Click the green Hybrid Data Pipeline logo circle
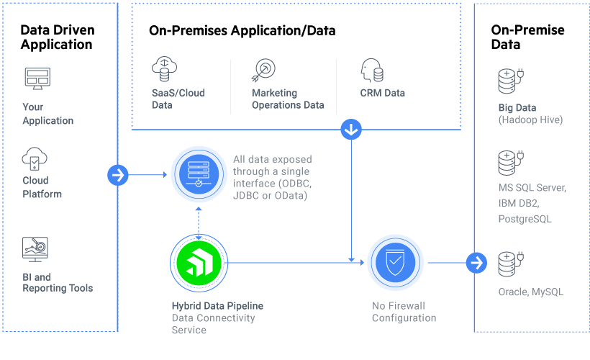coord(199,263)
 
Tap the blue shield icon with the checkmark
coord(395,263)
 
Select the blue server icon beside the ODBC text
coord(199,174)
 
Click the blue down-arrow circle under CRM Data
coord(351,130)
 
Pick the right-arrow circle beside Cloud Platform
coord(118,175)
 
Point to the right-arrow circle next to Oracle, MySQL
coord(476,263)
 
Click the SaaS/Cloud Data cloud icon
coord(165,69)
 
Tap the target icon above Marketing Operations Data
coord(263,70)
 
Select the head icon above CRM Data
coord(372,70)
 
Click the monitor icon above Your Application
coord(37,78)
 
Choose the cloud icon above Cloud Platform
coord(35,158)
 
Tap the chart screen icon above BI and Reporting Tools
coord(35,249)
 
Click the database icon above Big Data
coord(511,81)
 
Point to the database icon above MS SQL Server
coord(511,163)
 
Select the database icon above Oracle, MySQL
coord(511,264)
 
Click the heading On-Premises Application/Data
coord(242,30)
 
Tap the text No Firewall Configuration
coord(404,312)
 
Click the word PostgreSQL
coord(525,219)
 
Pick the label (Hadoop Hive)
coord(530,120)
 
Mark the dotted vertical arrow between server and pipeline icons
coord(199,223)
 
